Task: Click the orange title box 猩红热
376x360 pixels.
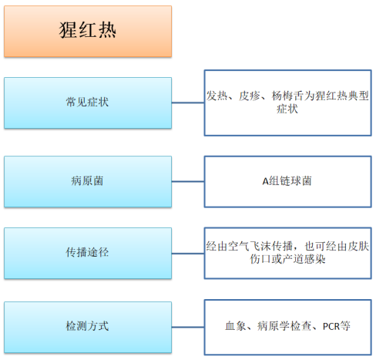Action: tap(88, 32)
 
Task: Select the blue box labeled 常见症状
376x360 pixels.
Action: tap(88, 103)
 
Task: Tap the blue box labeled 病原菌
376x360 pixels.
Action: tap(88, 181)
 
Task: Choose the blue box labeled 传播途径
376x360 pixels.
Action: tap(88, 253)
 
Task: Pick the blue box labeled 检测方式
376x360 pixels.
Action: tap(88, 327)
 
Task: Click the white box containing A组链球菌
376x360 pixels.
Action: tap(288, 181)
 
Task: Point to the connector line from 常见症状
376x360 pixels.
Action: tap(188, 103)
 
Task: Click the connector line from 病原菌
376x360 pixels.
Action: tap(188, 181)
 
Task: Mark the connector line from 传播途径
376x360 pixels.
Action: tap(188, 254)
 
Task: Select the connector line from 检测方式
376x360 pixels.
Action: tap(188, 327)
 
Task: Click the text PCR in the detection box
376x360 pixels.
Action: tap(331, 327)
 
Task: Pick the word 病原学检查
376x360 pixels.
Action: tap(284, 326)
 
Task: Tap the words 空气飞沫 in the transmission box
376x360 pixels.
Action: tap(250, 246)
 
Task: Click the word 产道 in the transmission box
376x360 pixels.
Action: tap(293, 259)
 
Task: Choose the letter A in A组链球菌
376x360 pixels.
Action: tap(265, 182)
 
